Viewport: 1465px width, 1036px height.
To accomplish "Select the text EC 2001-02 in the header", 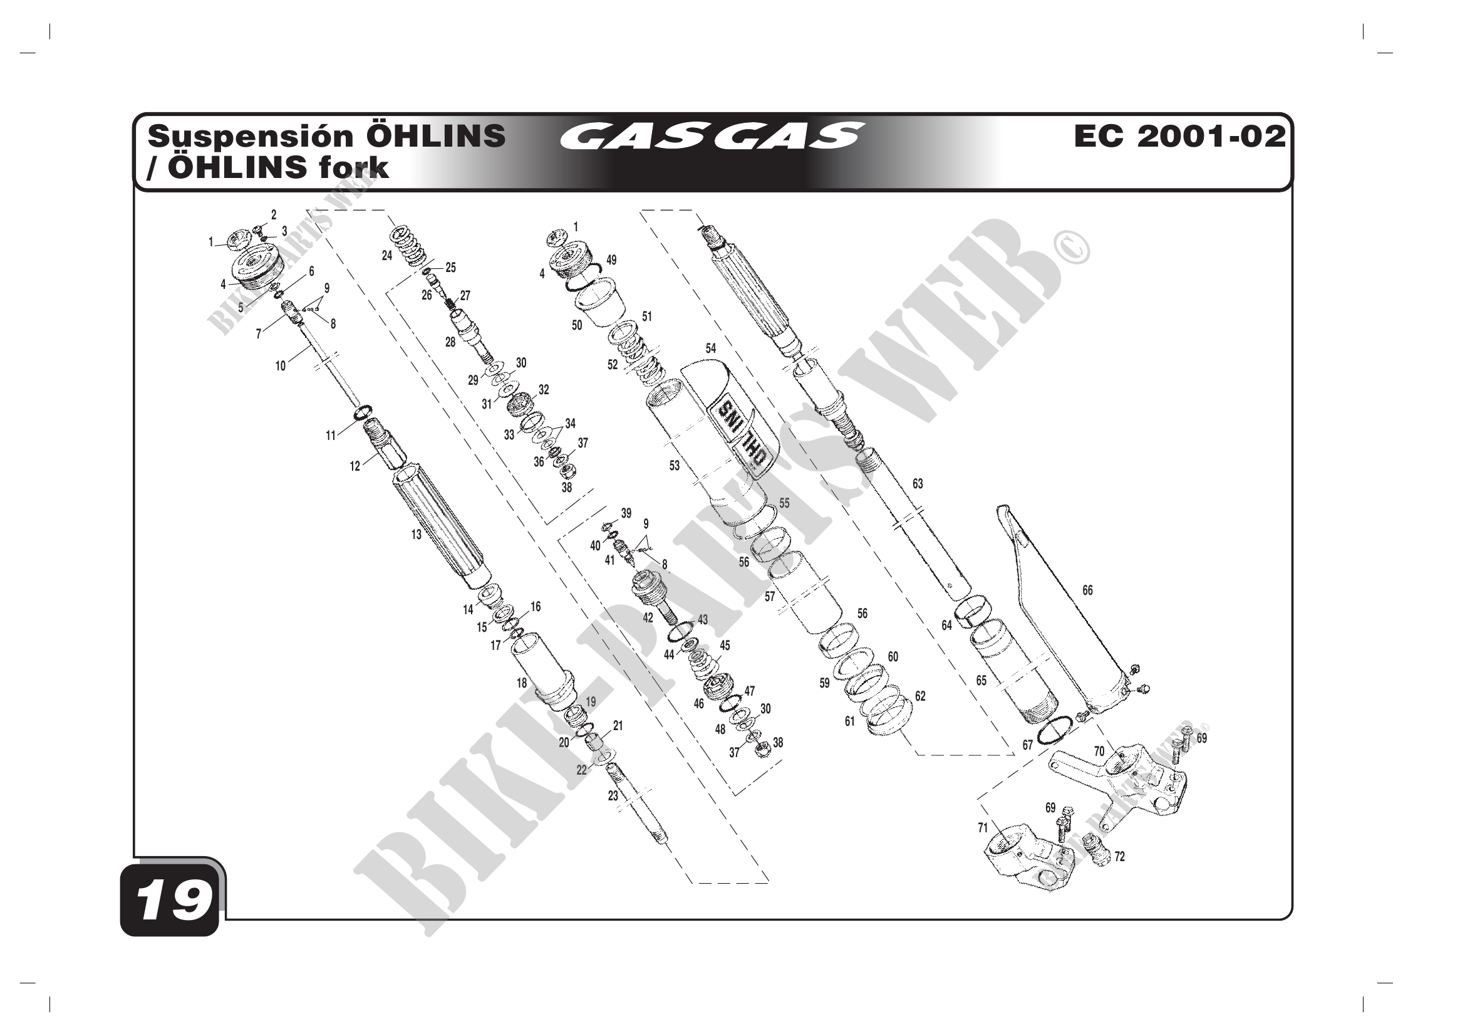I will tap(1179, 136).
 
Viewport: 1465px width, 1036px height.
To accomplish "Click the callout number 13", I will tap(416, 535).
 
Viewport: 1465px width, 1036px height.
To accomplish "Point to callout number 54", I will tap(711, 348).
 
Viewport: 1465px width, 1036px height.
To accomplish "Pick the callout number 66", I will tap(1087, 590).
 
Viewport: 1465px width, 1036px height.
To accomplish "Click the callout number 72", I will tap(1119, 857).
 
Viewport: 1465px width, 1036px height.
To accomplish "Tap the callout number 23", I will tap(613, 796).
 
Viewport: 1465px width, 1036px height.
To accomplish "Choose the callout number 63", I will tap(918, 484).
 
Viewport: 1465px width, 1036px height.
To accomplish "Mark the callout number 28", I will tap(450, 342).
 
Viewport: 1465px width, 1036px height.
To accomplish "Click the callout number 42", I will tap(648, 618).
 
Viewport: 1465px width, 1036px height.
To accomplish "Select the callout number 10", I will tap(281, 367).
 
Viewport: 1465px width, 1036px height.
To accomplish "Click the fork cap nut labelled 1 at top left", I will tap(234, 239).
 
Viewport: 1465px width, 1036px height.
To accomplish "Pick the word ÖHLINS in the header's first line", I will tap(436, 136).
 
